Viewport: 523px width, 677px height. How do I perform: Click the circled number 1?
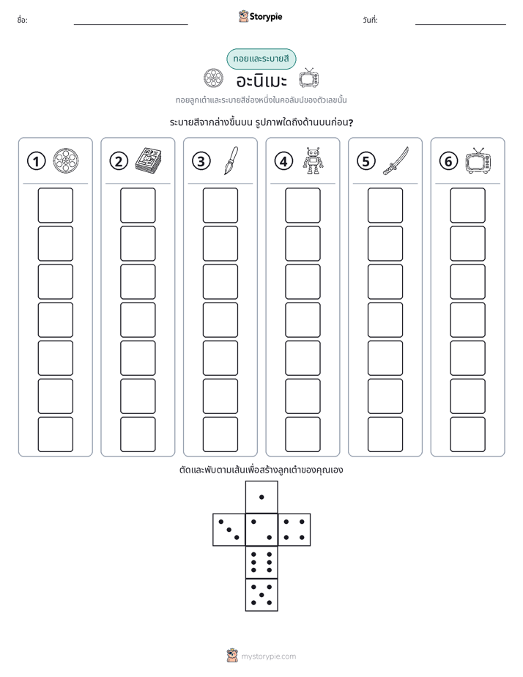click(36, 161)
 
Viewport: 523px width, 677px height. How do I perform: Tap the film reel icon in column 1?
click(66, 160)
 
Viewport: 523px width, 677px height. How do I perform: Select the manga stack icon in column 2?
click(149, 160)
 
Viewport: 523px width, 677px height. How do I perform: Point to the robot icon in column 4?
click(314, 160)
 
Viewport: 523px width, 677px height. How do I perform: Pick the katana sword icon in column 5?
click(396, 160)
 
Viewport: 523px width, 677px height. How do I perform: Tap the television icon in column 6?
click(478, 160)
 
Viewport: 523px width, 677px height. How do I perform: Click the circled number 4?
click(283, 161)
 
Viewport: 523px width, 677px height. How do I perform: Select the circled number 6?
click(448, 161)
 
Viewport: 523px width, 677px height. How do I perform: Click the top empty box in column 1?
click(55, 205)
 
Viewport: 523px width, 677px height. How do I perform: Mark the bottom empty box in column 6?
click(468, 434)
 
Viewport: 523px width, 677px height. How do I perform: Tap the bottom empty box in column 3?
click(220, 434)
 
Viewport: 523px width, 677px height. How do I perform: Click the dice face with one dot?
click(261, 497)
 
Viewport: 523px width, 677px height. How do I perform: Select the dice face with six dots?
click(261, 562)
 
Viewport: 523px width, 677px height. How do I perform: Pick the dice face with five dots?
click(261, 595)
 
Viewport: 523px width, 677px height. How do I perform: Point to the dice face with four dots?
click(294, 530)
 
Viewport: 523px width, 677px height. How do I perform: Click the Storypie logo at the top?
click(260, 17)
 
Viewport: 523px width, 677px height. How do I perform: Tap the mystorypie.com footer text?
click(268, 656)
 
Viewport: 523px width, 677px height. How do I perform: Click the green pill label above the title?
click(261, 59)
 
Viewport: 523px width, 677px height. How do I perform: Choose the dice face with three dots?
click(229, 530)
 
